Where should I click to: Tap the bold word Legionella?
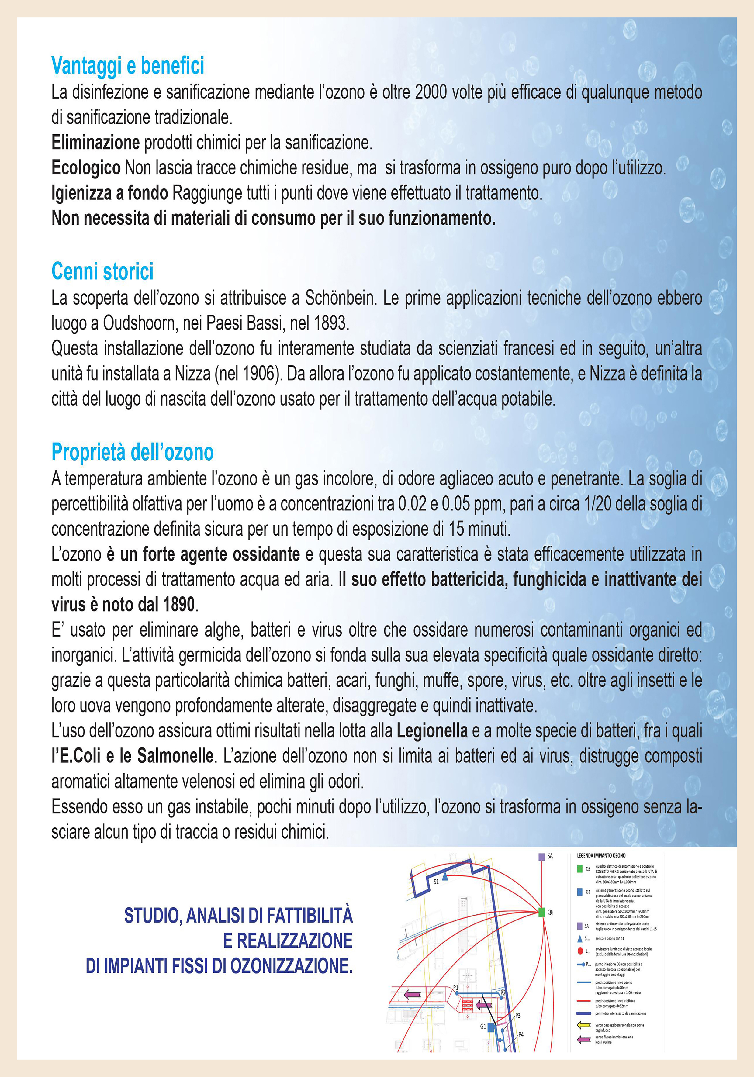pyautogui.click(x=432, y=731)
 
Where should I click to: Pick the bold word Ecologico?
pyautogui.click(x=86, y=168)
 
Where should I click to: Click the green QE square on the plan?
pyautogui.click(x=541, y=912)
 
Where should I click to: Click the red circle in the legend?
pyautogui.click(x=580, y=951)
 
